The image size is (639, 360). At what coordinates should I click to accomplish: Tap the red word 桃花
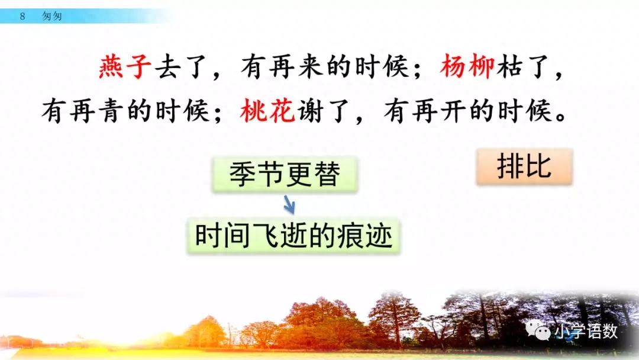coord(268,111)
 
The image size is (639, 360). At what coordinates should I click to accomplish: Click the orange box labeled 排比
coord(524,166)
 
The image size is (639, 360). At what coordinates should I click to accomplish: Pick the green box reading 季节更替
coord(285,175)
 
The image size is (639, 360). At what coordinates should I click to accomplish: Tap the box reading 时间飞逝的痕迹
coord(294,236)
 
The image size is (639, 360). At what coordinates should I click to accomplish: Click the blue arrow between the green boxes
coord(289,205)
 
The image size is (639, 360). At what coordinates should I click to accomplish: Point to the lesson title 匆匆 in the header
coord(52,17)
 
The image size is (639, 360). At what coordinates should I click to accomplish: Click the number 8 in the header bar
coord(22,17)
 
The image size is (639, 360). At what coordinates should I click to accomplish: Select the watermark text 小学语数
coord(586,332)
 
